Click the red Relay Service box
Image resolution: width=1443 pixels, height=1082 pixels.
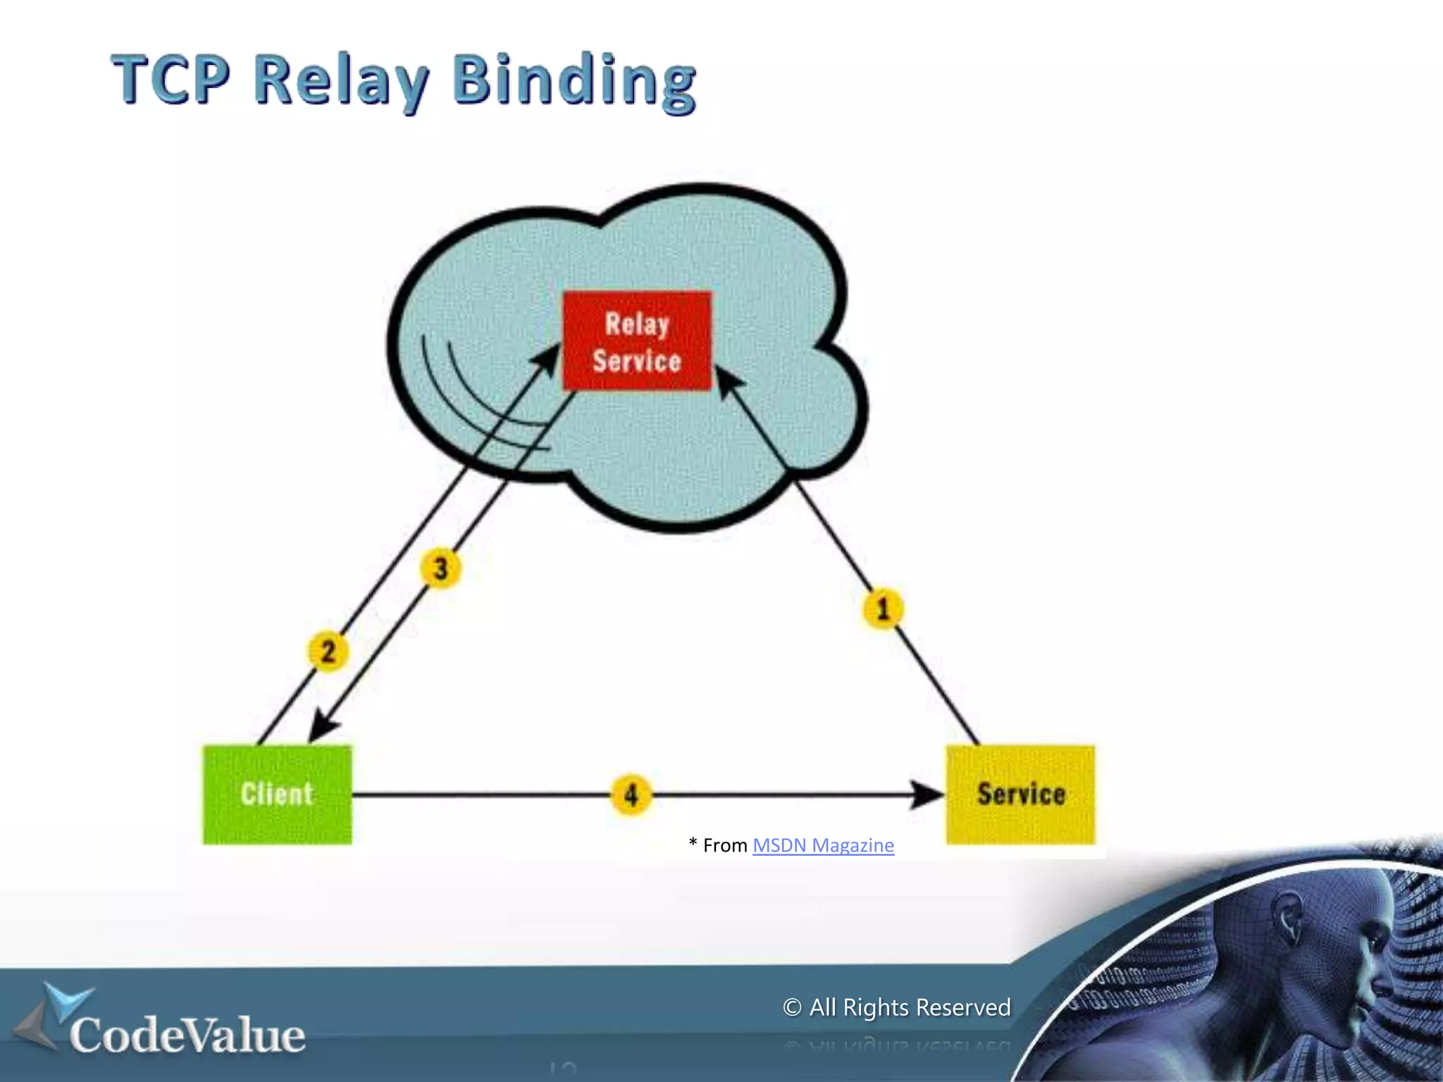point(637,341)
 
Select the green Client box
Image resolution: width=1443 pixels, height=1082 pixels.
point(277,795)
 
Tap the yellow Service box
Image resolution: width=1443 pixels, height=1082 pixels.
point(1020,795)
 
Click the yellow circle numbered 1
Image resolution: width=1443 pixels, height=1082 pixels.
point(883,609)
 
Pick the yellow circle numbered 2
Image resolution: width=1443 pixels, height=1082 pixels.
point(328,651)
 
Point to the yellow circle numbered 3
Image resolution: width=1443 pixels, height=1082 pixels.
point(441,568)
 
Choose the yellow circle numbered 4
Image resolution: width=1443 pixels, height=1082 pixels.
point(631,795)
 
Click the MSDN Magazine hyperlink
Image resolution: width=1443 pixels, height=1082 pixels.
point(823,845)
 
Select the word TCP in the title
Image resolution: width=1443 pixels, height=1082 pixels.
point(171,79)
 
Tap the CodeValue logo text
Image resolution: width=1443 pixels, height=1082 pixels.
point(187,1036)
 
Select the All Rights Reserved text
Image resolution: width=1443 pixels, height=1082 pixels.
point(910,1007)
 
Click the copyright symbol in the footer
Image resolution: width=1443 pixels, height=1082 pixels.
point(792,1007)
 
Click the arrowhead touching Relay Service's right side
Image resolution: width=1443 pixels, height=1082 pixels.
point(729,380)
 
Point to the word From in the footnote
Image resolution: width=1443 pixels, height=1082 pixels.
point(725,845)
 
